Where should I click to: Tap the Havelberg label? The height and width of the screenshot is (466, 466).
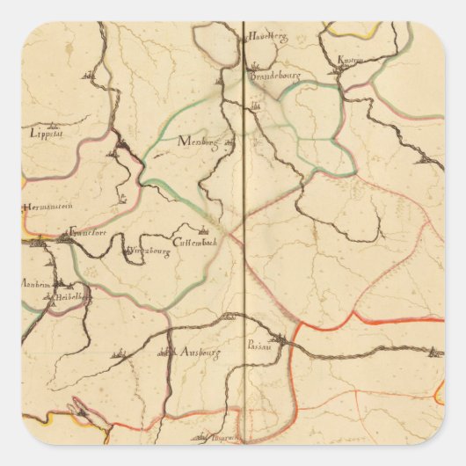click(268, 38)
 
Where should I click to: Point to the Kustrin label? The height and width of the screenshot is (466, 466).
click(350, 60)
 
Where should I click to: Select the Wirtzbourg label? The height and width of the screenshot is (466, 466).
click(146, 252)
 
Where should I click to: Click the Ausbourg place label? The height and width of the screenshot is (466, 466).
click(199, 353)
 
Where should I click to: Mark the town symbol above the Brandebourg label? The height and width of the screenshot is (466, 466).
click(254, 65)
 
